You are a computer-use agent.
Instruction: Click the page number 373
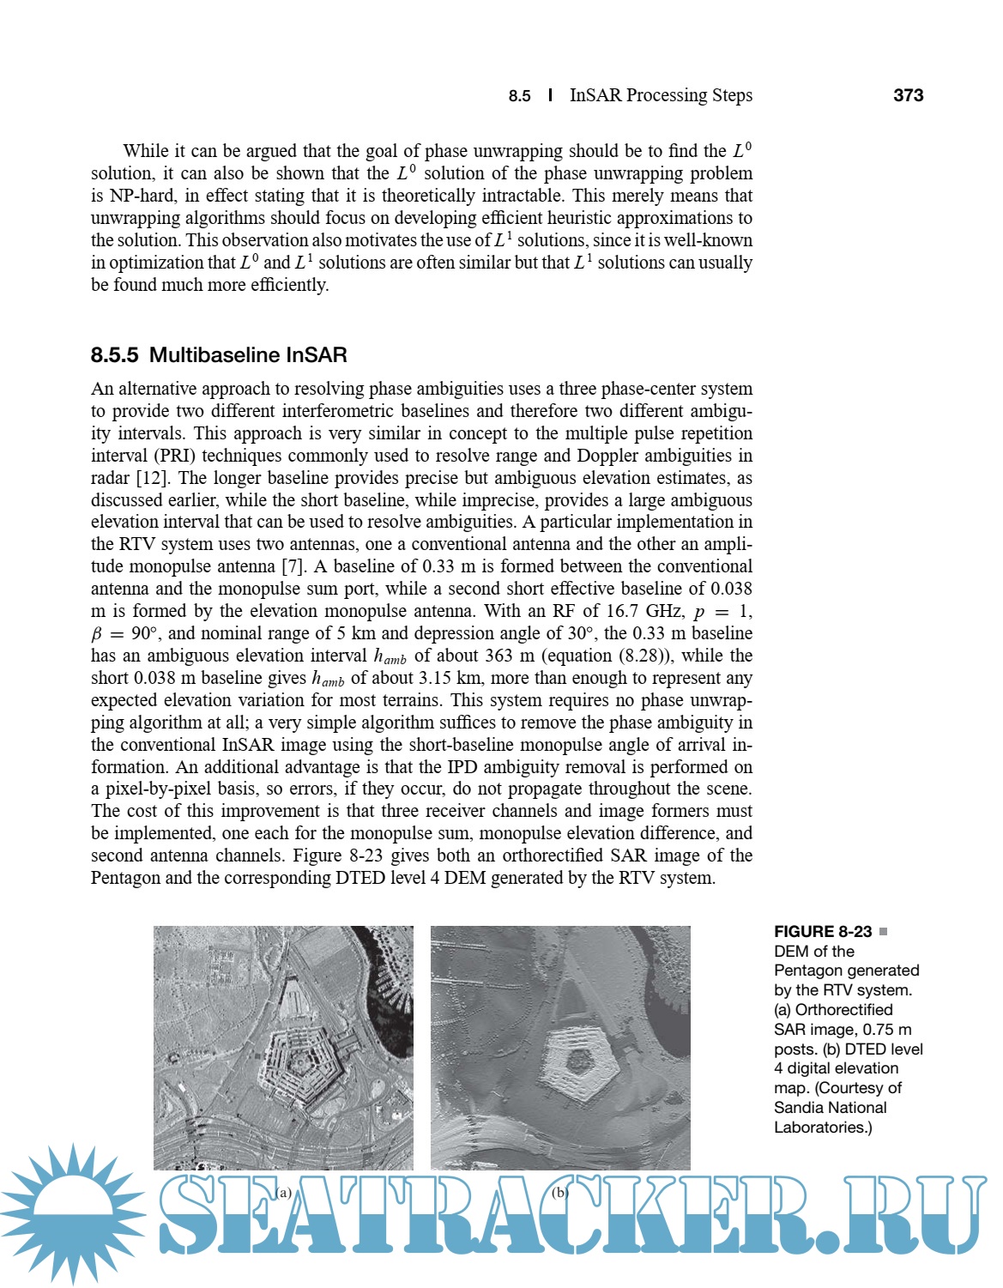(x=908, y=95)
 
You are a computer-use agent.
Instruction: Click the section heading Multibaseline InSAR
(x=248, y=355)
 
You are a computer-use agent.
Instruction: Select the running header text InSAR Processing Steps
(x=661, y=95)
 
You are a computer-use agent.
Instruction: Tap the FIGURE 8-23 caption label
(x=823, y=932)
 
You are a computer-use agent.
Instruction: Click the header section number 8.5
(x=519, y=96)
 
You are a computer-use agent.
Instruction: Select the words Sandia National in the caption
(x=830, y=1108)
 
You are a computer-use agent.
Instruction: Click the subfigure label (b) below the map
(x=559, y=1192)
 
